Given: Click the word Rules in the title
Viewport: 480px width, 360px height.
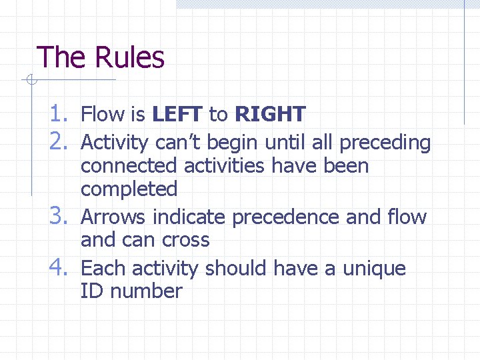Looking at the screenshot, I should pos(130,57).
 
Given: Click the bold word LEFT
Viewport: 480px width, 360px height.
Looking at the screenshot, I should pos(177,115).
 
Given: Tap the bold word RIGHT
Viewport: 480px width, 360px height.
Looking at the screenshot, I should pos(270,115).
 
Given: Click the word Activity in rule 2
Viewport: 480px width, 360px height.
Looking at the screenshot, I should pos(115,143).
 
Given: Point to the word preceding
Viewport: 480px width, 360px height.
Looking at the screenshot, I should pos(385,143).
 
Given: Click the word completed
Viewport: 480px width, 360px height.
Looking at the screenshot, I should pos(129,189).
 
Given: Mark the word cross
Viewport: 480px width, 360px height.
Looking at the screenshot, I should pos(183,240).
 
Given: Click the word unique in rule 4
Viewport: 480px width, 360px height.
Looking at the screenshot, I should pos(374,268).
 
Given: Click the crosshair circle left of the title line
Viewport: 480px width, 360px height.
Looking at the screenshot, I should pos(31,81).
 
